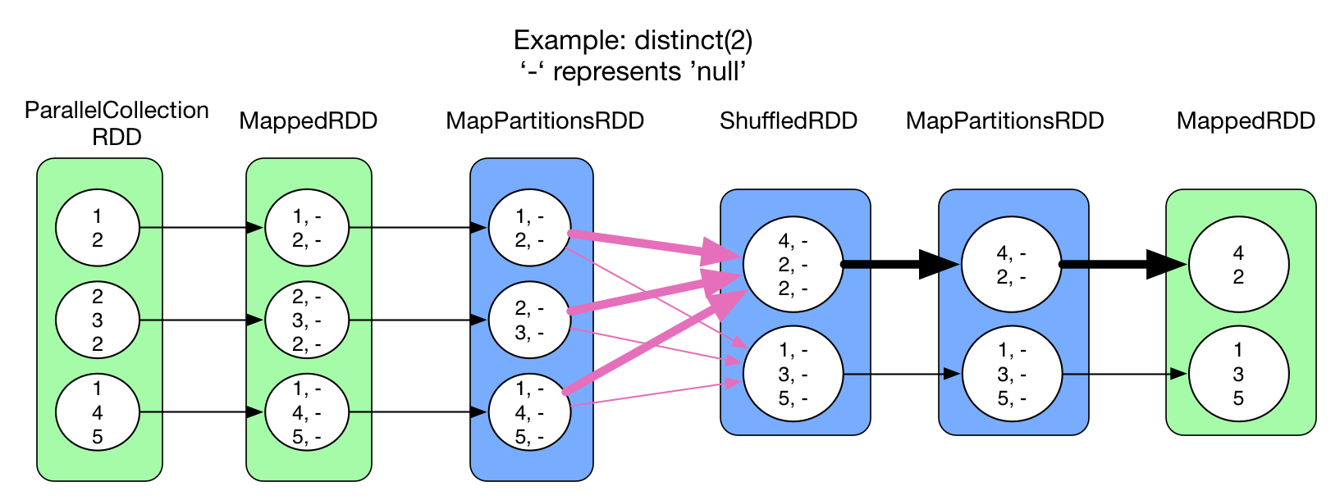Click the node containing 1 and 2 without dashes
pyautogui.click(x=97, y=228)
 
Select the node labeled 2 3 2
pyautogui.click(x=97, y=320)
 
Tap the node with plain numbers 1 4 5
pyautogui.click(x=97, y=412)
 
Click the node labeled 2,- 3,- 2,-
pyautogui.click(x=307, y=320)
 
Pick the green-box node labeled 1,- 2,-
pyautogui.click(x=307, y=228)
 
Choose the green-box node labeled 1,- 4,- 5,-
pyautogui.click(x=307, y=412)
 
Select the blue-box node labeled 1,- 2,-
pyautogui.click(x=529, y=228)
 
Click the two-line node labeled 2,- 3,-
pyautogui.click(x=529, y=320)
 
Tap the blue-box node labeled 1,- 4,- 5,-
pyautogui.click(x=529, y=412)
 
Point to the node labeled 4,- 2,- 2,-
pyautogui.click(x=793, y=264)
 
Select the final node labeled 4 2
pyautogui.click(x=1238, y=264)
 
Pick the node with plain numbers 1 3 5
pyautogui.click(x=1238, y=375)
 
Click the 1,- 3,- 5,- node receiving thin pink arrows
pyautogui.click(x=793, y=375)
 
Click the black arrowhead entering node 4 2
pyautogui.click(x=1177, y=264)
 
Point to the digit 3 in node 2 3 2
pyautogui.click(x=97, y=320)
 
